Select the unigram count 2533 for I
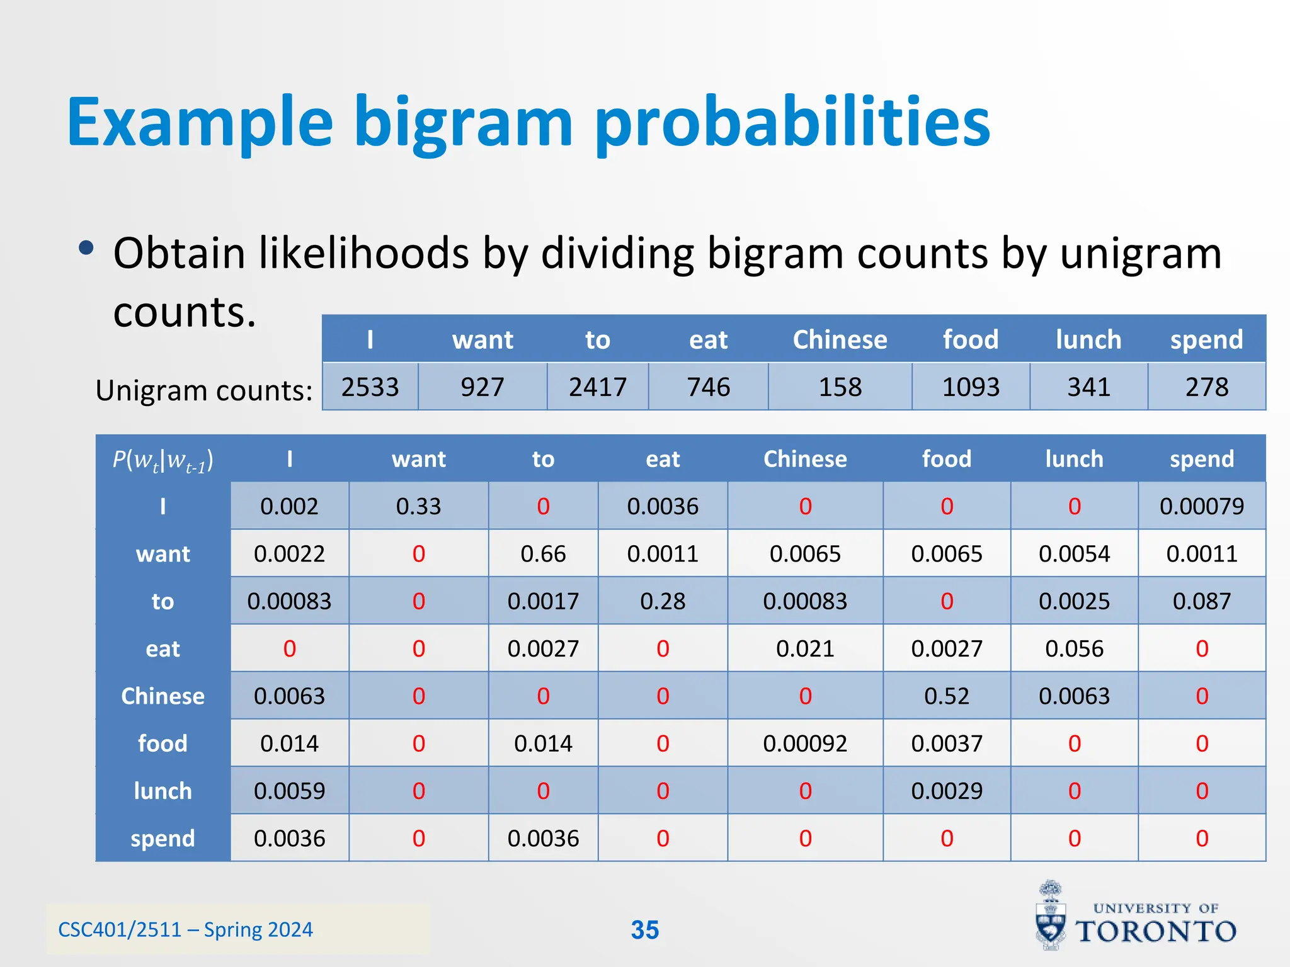[x=370, y=387]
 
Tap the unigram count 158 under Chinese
[x=840, y=387]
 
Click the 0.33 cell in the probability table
[x=418, y=506]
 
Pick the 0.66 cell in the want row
[x=543, y=554]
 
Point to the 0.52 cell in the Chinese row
[x=947, y=696]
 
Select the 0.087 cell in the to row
[x=1201, y=601]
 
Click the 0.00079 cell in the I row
[x=1201, y=506]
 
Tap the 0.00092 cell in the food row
[x=805, y=744]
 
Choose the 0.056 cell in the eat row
[x=1074, y=648]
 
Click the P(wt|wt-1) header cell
[x=163, y=460]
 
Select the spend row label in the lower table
[x=163, y=839]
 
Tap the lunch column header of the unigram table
[x=1088, y=340]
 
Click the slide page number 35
[x=645, y=930]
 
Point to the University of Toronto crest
[x=1051, y=916]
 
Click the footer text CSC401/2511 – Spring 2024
[x=185, y=930]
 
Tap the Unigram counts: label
[x=204, y=390]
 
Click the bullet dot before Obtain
[x=86, y=249]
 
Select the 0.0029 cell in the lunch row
[x=947, y=791]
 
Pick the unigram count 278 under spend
[x=1206, y=387]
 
